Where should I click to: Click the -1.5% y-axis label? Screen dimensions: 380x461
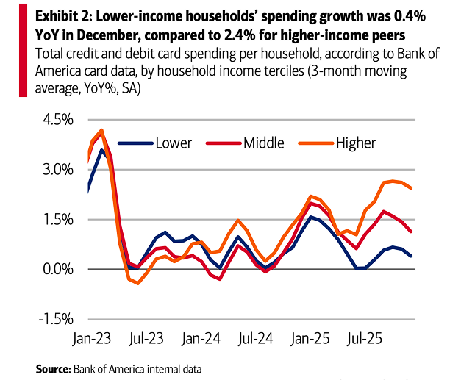point(58,320)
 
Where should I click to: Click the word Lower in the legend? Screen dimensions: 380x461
point(174,143)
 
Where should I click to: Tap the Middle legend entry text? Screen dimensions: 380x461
point(263,143)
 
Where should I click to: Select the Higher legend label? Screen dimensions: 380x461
point(355,143)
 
